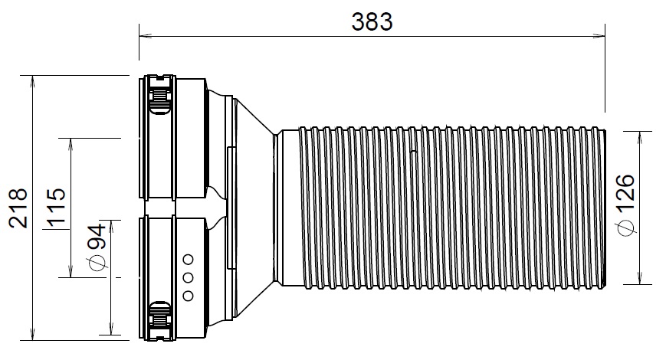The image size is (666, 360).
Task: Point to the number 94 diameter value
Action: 97,244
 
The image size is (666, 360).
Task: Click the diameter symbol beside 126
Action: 626,227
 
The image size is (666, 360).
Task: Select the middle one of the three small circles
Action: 186,277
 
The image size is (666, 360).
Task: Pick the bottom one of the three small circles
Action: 186,296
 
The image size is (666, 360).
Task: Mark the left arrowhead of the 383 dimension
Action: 143,34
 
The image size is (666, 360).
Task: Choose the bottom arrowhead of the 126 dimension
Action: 641,280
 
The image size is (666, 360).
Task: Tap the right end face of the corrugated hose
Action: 606,207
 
